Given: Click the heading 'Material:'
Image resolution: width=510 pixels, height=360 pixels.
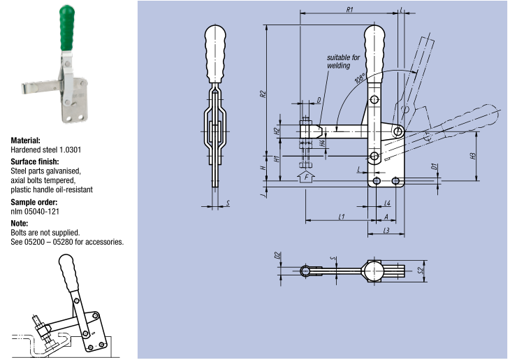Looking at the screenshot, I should click(25, 140).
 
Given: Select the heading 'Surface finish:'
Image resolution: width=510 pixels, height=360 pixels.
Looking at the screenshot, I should click(34, 161).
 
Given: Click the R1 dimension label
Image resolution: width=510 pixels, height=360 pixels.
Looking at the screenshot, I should click(350, 9).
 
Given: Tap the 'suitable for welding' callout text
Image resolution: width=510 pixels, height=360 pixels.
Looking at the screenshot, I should click(342, 62).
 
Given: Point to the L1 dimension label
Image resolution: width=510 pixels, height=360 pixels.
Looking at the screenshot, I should click(342, 217).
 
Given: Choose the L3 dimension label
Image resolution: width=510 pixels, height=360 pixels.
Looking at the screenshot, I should click(386, 231).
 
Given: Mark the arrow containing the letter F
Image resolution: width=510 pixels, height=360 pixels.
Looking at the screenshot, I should click(305, 178).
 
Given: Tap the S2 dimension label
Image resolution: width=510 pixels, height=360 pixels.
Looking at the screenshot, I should click(421, 269).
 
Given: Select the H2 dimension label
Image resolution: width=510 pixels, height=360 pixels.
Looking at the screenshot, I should click(277, 131).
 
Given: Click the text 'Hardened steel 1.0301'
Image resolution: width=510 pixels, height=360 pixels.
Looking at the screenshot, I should click(45, 150).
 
